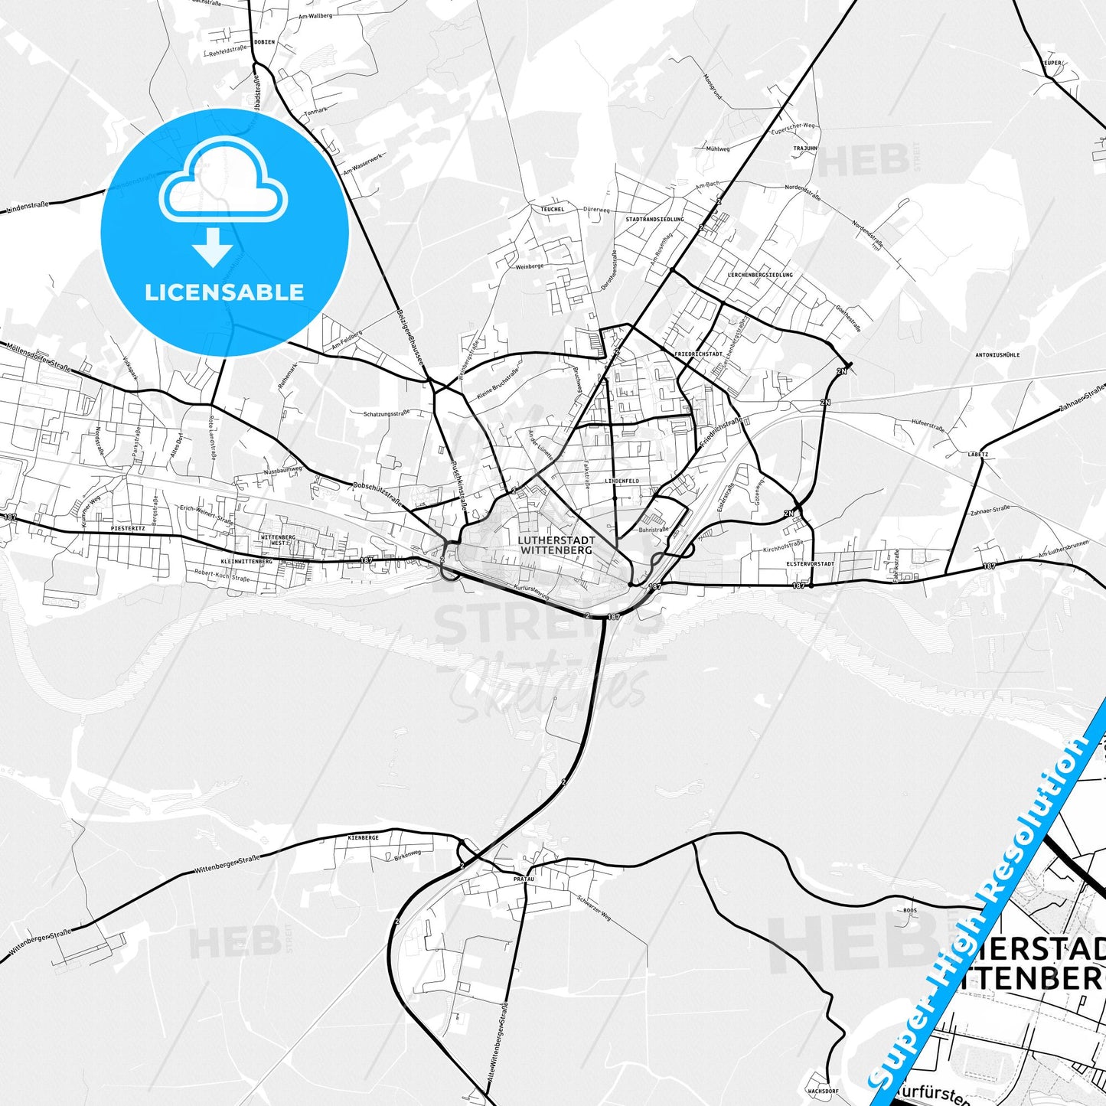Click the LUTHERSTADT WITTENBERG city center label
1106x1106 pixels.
(556, 545)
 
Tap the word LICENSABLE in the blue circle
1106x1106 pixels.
(224, 292)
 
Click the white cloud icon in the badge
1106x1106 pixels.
(223, 184)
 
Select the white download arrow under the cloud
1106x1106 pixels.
(213, 246)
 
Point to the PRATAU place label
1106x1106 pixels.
(524, 879)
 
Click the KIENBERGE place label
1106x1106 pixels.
(364, 838)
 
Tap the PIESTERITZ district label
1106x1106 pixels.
(127, 528)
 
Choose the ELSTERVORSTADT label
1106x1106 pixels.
(810, 563)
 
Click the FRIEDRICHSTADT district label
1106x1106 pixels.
(699, 354)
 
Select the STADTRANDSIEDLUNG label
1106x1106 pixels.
(654, 220)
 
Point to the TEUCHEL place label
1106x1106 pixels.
(552, 209)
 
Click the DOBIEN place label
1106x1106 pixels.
(264, 43)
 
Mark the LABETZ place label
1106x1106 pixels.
(978, 454)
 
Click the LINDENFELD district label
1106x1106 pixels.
(622, 481)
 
